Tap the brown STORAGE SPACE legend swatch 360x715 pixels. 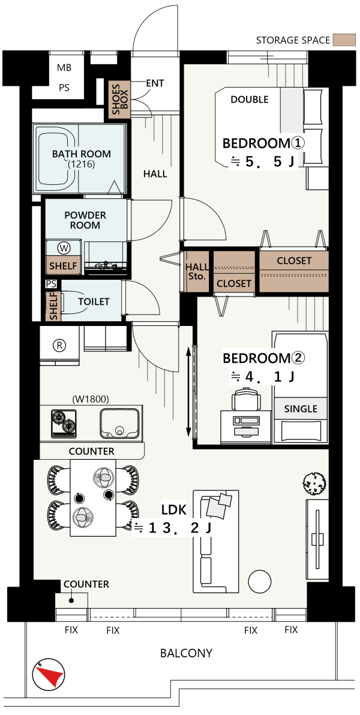click(x=344, y=40)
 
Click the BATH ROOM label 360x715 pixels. click(x=82, y=154)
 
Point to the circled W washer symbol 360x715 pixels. click(x=64, y=248)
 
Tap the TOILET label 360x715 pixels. click(x=94, y=301)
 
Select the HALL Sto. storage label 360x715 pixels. click(x=196, y=272)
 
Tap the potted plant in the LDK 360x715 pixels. click(x=315, y=483)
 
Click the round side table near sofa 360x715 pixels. click(x=260, y=581)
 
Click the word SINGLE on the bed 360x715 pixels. click(x=301, y=409)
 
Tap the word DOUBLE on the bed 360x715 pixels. click(x=249, y=100)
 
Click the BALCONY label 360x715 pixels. click(x=186, y=653)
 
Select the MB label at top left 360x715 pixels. click(x=64, y=68)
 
